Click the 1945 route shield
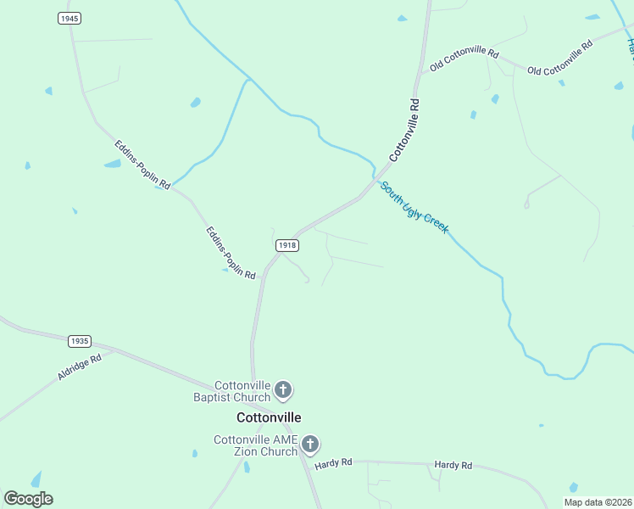point(70,19)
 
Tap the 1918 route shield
point(287,244)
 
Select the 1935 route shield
point(79,341)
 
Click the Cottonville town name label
point(268,417)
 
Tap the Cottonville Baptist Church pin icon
point(283,391)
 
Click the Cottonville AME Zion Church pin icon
point(310,445)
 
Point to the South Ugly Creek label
point(414,207)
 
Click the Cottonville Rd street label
point(404,130)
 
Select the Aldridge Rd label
point(80,366)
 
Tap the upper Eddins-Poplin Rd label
point(142,164)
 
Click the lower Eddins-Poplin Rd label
point(231,253)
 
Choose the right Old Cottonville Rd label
point(559,59)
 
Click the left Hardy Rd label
point(333,463)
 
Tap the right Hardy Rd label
point(453,465)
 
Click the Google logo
point(28,499)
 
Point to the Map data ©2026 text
point(598,502)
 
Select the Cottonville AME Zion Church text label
point(255,445)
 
